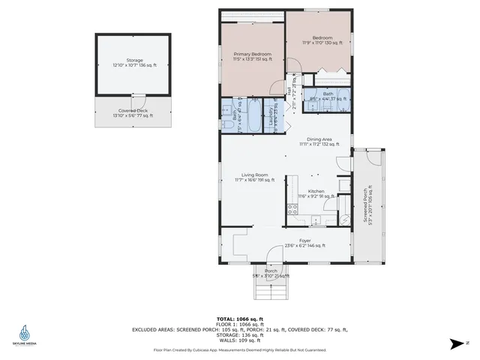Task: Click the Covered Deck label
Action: click(131, 112)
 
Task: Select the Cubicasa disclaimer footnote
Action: click(240, 349)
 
